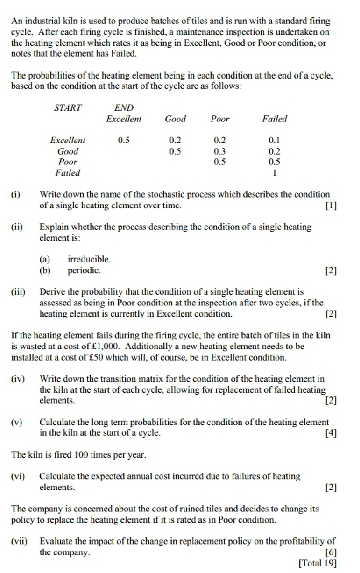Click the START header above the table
pos(68,107)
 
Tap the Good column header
pos(175,119)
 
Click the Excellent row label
pos(67,141)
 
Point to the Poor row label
pos(67,162)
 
